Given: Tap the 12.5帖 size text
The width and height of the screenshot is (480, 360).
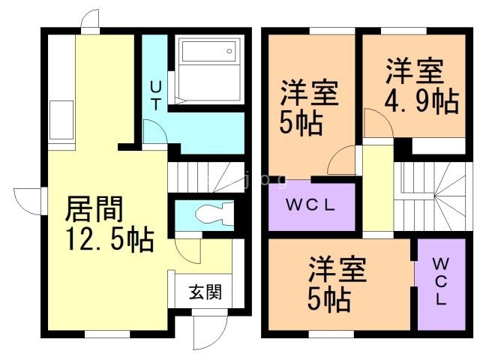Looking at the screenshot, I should pos(109,241).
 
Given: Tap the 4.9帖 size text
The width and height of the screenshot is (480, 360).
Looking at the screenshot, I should pos(421,100).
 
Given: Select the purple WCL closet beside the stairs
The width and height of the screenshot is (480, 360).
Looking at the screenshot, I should pos(310,205).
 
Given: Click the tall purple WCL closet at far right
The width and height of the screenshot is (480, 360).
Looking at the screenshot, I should pos(440,281).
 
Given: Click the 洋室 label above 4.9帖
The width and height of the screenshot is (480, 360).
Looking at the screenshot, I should pos(415,73).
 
